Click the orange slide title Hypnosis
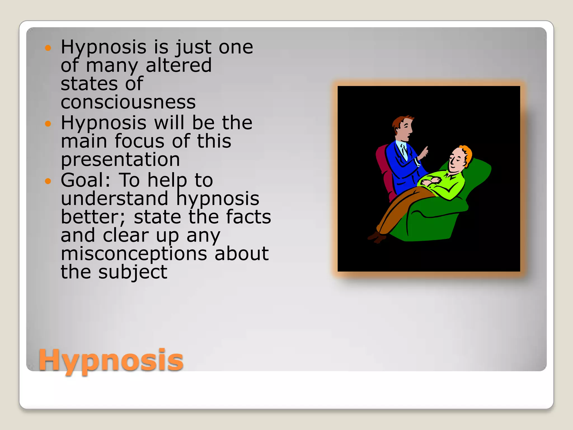(x=111, y=360)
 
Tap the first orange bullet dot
(x=48, y=48)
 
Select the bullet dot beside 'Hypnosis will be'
(x=48, y=123)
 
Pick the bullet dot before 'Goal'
(x=48, y=181)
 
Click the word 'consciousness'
(x=128, y=102)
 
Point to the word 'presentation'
(x=120, y=160)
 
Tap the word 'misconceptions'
(x=134, y=254)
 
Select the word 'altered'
(x=179, y=65)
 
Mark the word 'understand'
(x=115, y=198)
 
